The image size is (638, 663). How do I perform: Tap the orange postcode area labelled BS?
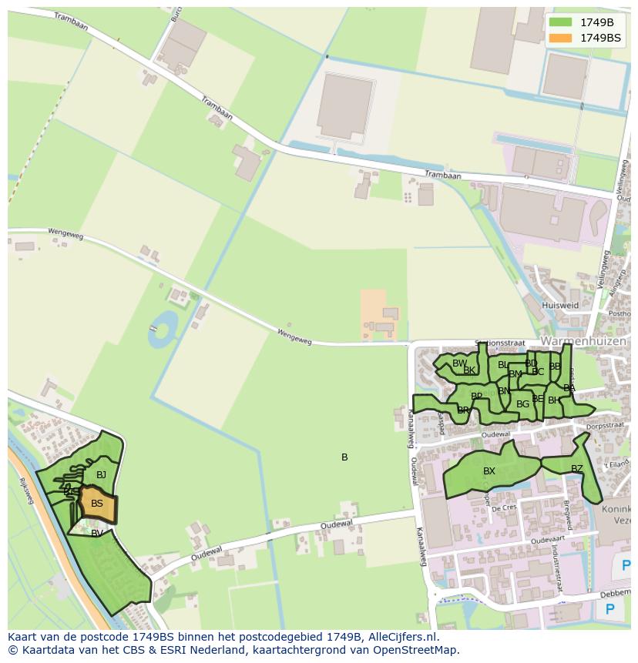[x=97, y=504]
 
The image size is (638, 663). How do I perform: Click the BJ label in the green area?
[x=101, y=475]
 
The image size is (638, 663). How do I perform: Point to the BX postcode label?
[x=489, y=471]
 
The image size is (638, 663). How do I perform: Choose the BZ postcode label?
[x=577, y=469]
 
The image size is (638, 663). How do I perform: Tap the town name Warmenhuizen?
[x=583, y=340]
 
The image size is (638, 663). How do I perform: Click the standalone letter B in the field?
[x=344, y=457]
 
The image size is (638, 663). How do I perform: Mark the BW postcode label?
[x=459, y=363]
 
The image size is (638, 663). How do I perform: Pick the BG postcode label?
[x=522, y=403]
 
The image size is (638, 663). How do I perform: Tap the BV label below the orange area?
[x=97, y=533]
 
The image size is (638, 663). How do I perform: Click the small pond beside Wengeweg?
[x=163, y=329]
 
